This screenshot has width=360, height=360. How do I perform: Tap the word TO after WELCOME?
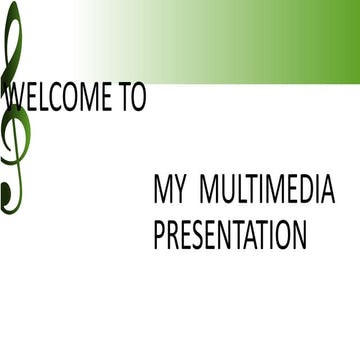pos(132,97)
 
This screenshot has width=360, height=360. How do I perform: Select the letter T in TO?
pos(124,97)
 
